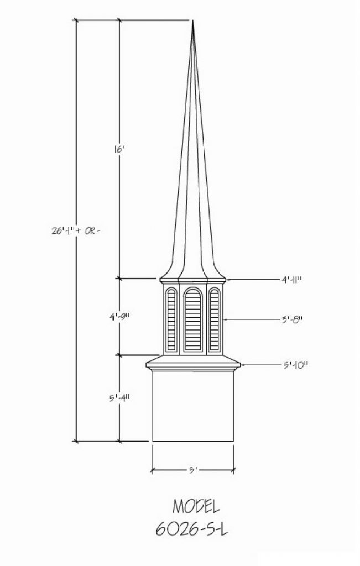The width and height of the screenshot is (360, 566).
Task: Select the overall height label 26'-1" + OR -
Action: point(75,231)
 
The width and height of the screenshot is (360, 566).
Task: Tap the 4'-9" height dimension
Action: point(119,317)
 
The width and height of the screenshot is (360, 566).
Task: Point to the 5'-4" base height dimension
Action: point(119,398)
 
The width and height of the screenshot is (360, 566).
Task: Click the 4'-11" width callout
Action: point(291,280)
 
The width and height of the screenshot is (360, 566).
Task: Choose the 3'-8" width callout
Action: point(292,319)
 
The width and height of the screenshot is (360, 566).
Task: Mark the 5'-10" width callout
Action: point(295,365)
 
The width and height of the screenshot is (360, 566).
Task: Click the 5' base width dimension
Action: point(193,470)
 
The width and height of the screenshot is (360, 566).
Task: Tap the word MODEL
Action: point(196,506)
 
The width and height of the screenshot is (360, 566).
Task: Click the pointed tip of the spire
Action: point(193,21)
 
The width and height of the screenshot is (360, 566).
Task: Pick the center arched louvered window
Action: point(193,319)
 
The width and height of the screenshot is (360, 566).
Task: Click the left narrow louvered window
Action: point(171,319)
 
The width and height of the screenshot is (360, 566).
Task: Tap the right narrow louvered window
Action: point(214,319)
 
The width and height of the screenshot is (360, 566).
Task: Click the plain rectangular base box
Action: point(193,406)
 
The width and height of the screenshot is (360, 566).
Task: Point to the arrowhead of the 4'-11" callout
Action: point(228,279)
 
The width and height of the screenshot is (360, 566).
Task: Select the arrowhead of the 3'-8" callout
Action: point(225,319)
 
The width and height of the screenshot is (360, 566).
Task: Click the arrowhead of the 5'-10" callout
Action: point(243,365)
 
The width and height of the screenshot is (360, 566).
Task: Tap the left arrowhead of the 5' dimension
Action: point(154,470)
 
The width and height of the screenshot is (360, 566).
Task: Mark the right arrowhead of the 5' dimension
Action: point(232,470)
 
